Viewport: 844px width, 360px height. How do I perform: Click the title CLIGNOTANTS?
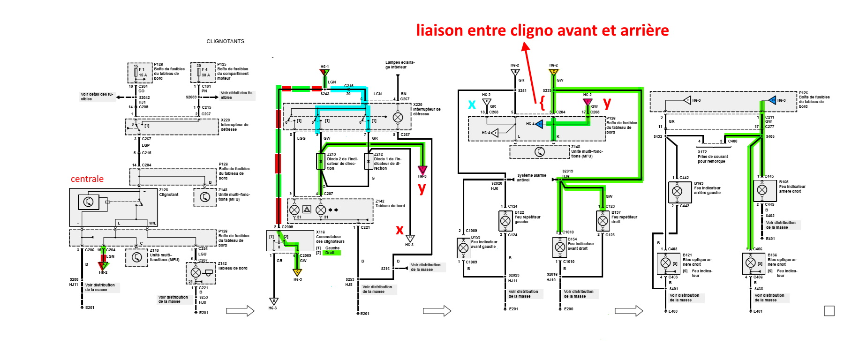225,41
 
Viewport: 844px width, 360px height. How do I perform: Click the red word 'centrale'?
87,179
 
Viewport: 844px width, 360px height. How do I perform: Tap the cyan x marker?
472,104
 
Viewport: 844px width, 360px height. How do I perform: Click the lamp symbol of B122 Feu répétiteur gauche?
505,220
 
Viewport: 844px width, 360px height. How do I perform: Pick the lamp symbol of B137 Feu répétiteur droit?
603,220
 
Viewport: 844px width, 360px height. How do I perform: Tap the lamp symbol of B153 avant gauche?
463,247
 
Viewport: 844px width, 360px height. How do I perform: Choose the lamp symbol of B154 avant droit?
560,247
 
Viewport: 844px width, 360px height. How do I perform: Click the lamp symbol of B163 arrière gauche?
677,191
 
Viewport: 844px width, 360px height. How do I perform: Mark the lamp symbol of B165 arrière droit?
762,190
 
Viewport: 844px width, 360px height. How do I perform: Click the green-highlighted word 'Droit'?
330,253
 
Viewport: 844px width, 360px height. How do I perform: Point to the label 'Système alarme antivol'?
531,178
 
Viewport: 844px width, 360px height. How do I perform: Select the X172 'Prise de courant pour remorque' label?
713,157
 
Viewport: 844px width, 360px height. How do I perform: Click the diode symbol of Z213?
321,161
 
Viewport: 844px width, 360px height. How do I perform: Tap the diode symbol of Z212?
369,161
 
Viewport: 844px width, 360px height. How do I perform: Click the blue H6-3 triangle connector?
772,100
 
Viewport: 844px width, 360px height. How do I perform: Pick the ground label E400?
673,311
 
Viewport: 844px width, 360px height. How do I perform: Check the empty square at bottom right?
829,311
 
